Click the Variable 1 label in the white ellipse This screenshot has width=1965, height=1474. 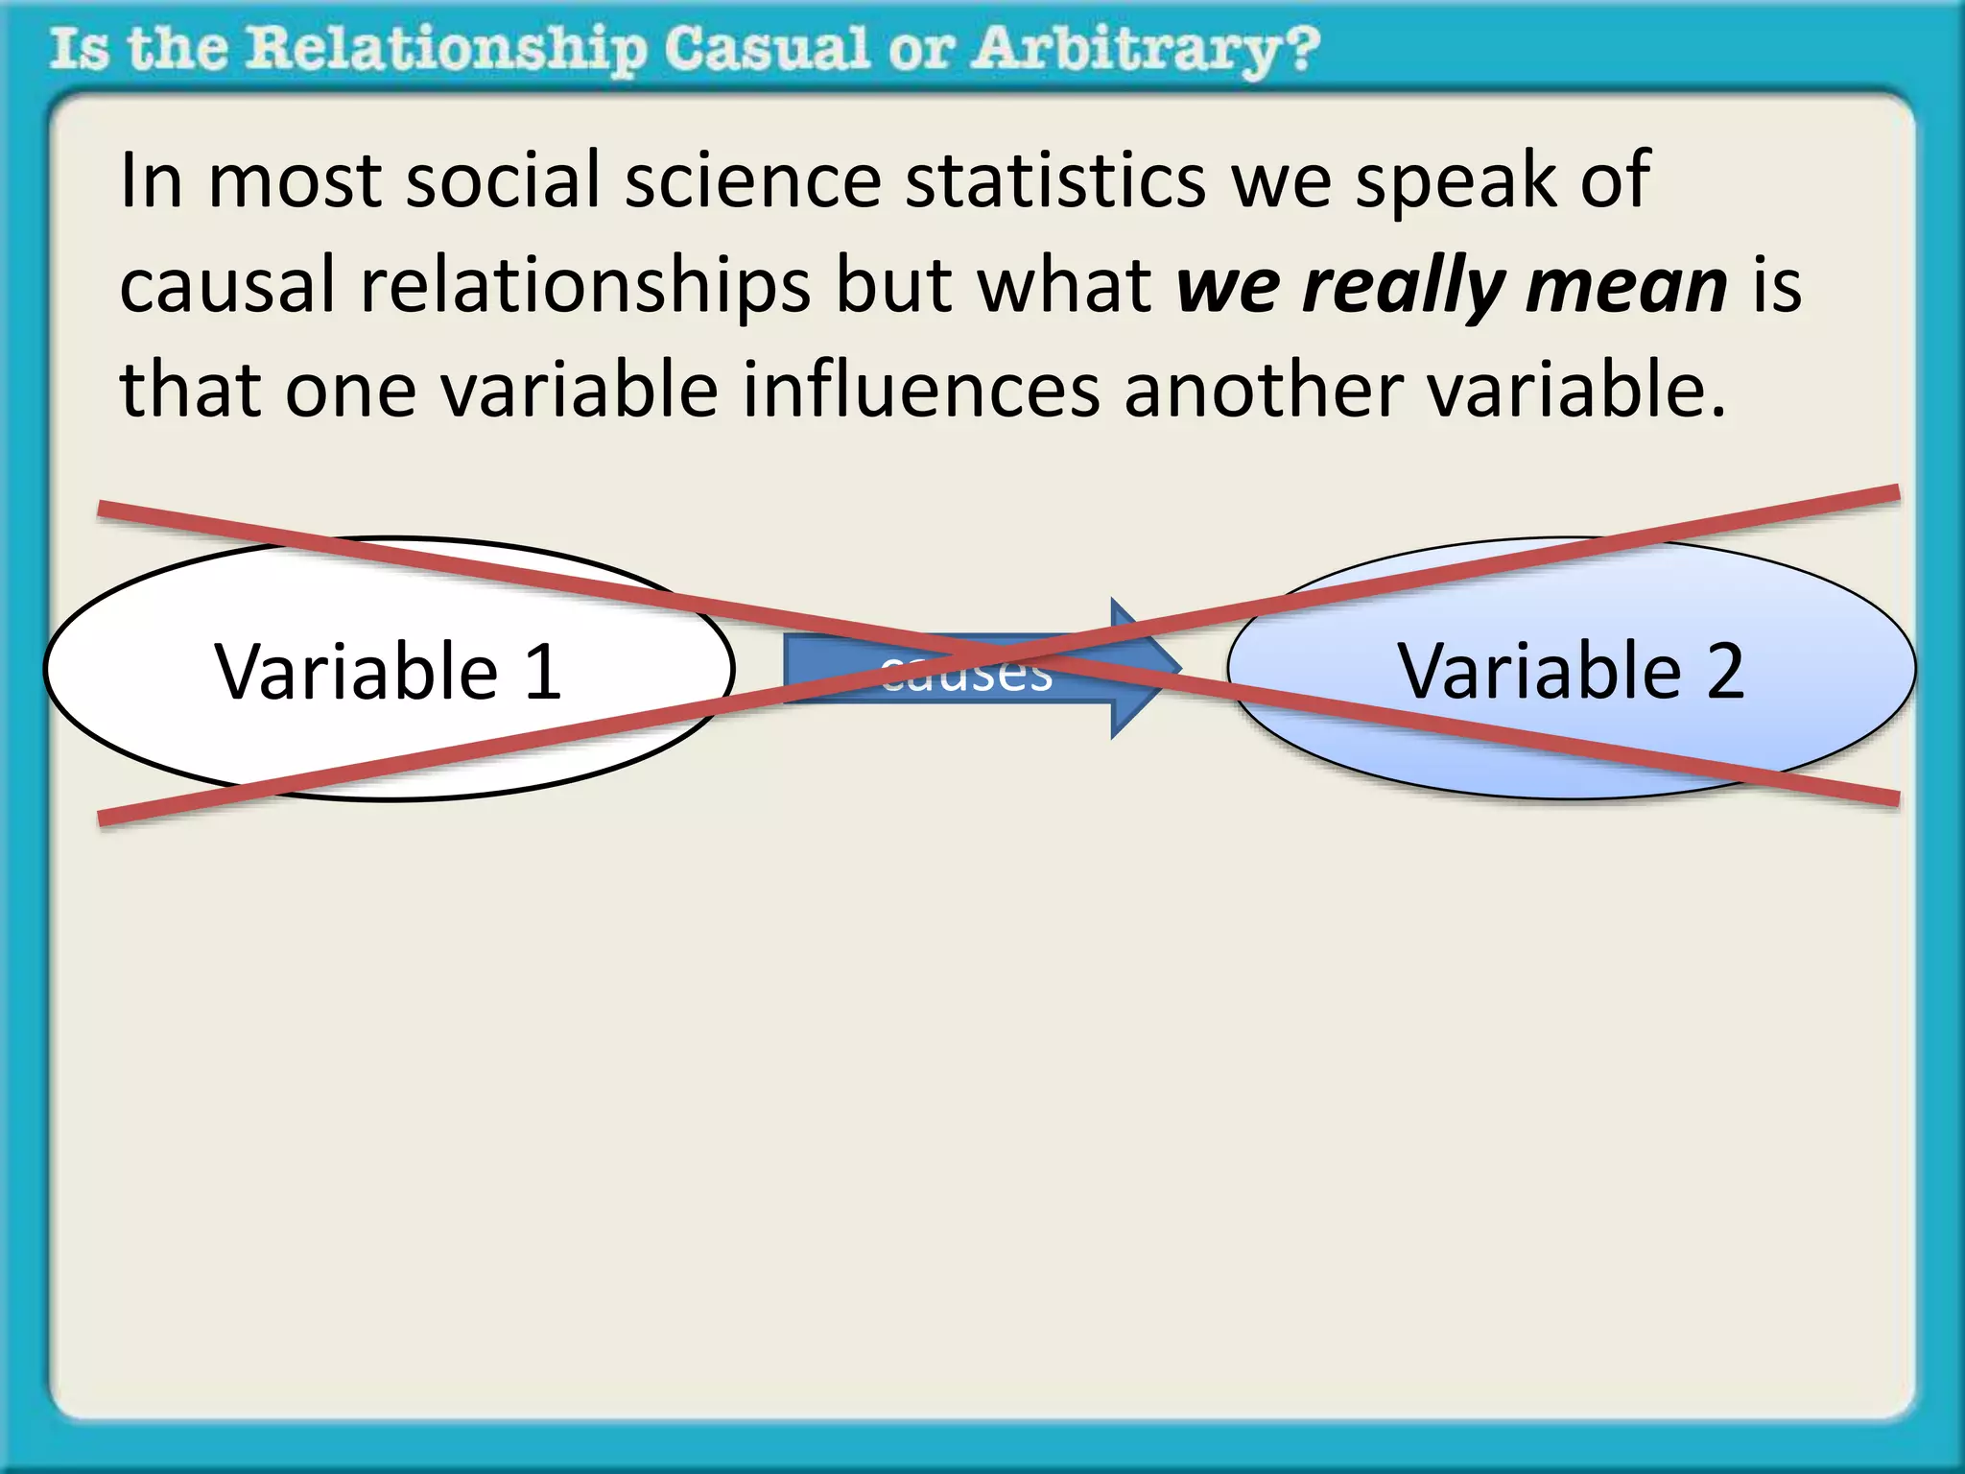point(388,671)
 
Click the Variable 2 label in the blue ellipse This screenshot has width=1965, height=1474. point(1570,671)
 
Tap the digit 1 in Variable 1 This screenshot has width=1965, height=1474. point(544,671)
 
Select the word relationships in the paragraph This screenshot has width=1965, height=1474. point(585,287)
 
